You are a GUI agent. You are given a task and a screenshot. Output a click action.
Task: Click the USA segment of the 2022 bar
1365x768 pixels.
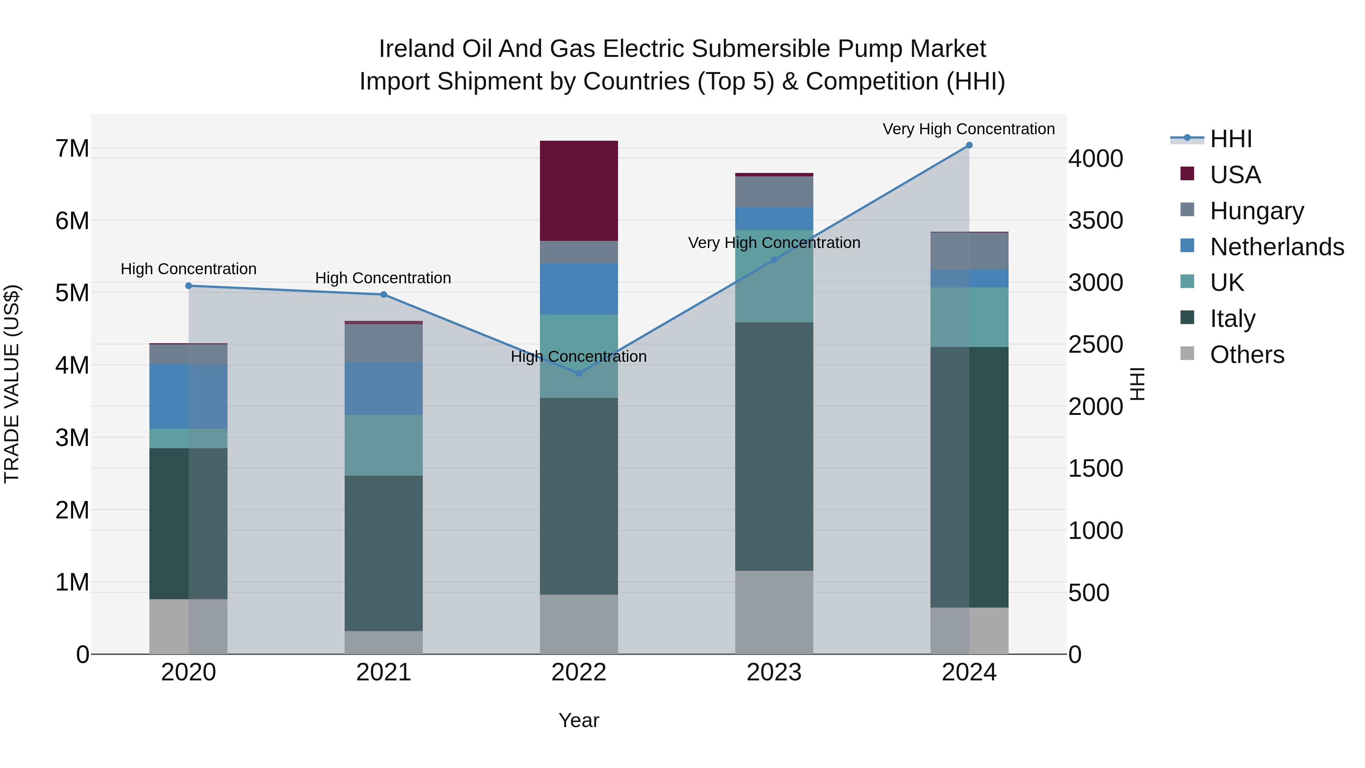tap(579, 191)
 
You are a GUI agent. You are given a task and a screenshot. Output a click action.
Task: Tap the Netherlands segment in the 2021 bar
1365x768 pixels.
tap(384, 388)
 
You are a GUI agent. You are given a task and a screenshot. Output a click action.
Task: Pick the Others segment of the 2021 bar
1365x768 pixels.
tap(384, 642)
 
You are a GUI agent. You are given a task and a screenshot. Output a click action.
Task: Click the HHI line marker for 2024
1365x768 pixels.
tap(969, 145)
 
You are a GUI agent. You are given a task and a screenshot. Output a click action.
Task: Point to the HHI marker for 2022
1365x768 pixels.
tap(579, 374)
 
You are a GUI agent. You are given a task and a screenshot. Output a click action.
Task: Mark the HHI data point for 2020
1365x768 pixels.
tap(189, 286)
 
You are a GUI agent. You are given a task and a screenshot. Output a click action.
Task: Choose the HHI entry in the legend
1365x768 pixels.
tap(1230, 139)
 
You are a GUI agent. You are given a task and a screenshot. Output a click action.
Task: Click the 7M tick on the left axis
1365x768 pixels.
tap(72, 148)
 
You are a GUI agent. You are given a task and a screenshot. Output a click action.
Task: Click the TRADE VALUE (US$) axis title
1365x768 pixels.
tap(12, 384)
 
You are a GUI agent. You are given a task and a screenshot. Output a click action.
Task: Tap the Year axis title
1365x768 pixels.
tap(579, 720)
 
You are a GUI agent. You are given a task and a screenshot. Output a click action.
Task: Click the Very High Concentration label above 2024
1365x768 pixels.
tap(969, 129)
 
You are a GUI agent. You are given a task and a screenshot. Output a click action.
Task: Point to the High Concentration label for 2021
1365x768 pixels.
tap(383, 278)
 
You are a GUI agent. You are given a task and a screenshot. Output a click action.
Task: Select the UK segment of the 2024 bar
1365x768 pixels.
tap(969, 317)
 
